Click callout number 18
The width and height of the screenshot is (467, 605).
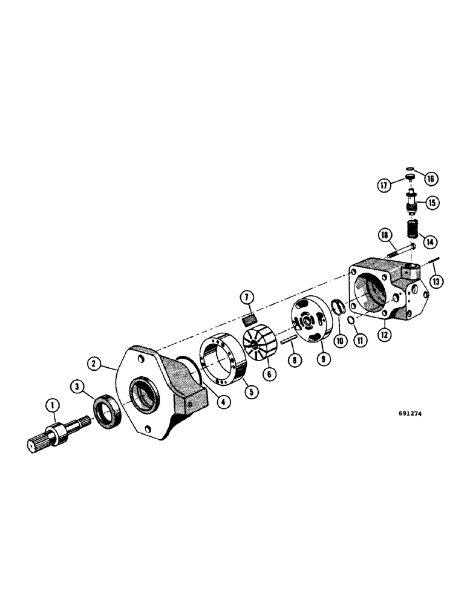(384, 235)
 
